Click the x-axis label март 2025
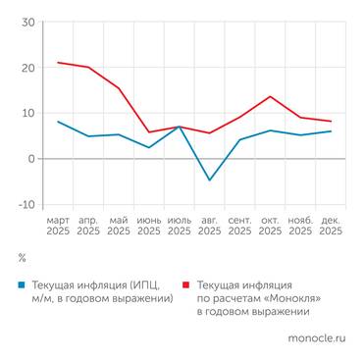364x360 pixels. pyautogui.click(x=58, y=227)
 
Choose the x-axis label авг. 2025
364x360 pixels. pyautogui.click(x=209, y=227)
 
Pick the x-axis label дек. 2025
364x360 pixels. pyautogui.click(x=330, y=227)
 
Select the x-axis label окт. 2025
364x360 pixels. pyautogui.click(x=270, y=227)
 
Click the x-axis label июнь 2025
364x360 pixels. pyautogui.click(x=149, y=227)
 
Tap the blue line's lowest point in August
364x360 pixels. pyautogui.click(x=209, y=180)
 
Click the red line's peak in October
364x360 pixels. pyautogui.click(x=270, y=96)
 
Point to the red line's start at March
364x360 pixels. pyautogui.click(x=58, y=63)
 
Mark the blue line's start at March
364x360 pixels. pyautogui.click(x=58, y=122)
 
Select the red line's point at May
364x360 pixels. pyautogui.click(x=119, y=88)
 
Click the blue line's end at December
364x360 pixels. pyautogui.click(x=331, y=131)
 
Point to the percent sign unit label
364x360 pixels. pyautogui.click(x=22, y=258)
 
